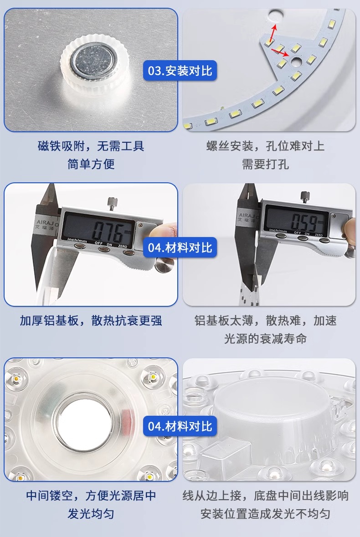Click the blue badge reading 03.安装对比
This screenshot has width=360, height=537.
point(180,71)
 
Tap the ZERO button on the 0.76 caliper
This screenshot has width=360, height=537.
point(129,253)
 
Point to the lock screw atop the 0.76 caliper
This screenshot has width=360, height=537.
point(112,203)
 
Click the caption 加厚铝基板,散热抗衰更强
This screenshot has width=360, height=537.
point(91,321)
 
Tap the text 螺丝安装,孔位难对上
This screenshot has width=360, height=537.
point(265,146)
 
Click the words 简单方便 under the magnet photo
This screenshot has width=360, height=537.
point(91,164)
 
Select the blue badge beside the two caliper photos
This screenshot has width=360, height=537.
point(180,247)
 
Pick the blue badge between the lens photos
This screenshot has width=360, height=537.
point(180,426)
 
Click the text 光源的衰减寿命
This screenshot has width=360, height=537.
point(265,339)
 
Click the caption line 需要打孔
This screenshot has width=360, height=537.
point(265,164)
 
